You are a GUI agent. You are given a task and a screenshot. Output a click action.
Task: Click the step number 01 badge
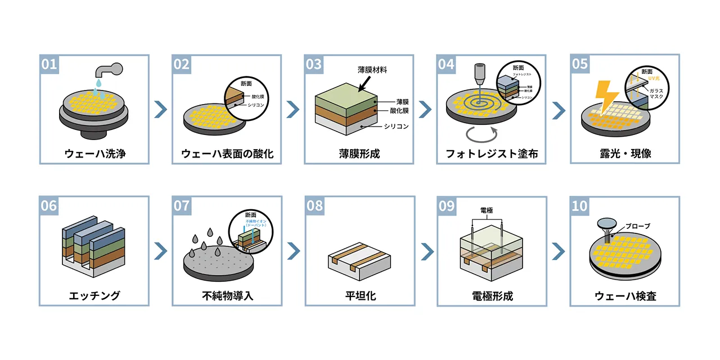coord(49,64)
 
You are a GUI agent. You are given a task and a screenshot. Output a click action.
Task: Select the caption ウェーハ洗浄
coord(94,153)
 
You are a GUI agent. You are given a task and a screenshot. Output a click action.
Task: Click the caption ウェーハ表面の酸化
coord(227,153)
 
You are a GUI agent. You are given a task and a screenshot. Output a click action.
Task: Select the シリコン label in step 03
coord(394,126)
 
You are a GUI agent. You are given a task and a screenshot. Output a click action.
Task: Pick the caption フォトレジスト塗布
coord(491,153)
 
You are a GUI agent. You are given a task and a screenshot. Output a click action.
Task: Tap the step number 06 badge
coord(49,205)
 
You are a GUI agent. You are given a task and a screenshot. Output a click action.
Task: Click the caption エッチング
coord(94,295)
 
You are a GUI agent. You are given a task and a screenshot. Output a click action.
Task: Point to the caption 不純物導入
coord(227,295)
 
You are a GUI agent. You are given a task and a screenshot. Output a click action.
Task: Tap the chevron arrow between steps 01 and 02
coord(160,109)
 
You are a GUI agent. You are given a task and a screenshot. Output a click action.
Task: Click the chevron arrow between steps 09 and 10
coord(559,251)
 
